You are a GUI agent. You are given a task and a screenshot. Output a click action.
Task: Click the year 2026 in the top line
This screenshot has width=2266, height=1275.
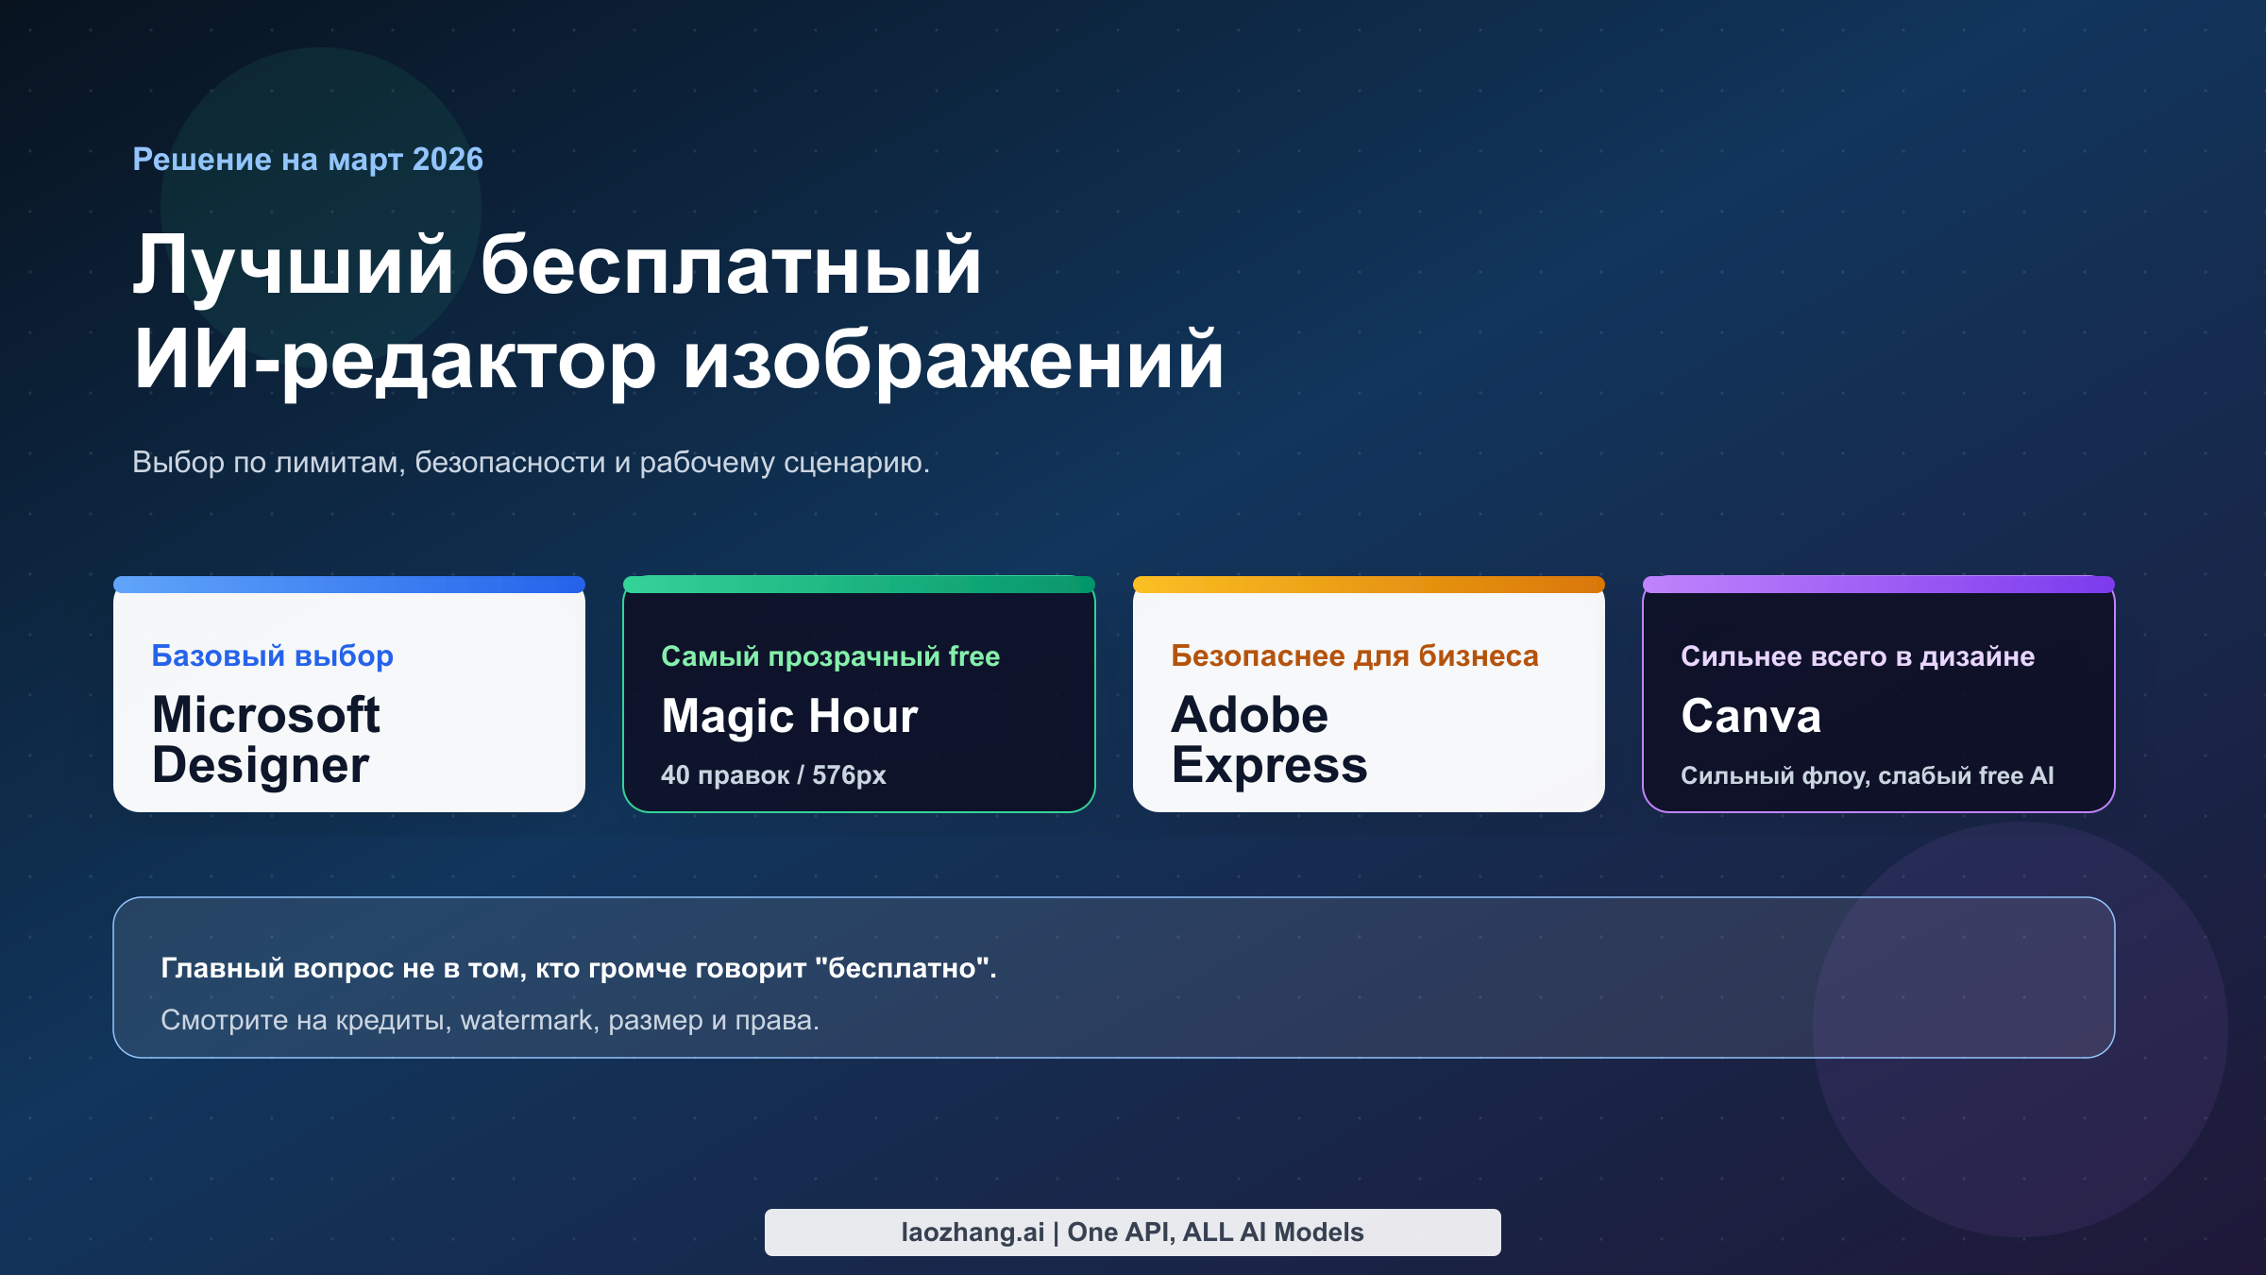click(x=448, y=160)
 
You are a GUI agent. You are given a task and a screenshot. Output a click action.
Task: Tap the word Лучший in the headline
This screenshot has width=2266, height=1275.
click(x=293, y=266)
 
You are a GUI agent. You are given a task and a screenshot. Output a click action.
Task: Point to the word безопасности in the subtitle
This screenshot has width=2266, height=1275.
click(x=510, y=463)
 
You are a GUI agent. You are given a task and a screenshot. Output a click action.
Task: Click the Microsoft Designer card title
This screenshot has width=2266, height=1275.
click(x=265, y=739)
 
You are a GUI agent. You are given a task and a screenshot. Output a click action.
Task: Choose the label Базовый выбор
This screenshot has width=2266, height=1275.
click(x=272, y=655)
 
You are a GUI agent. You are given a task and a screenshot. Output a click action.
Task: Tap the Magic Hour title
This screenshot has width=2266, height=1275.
click(x=789, y=716)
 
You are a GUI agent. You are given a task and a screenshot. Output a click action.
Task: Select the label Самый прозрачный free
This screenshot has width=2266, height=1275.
click(x=830, y=656)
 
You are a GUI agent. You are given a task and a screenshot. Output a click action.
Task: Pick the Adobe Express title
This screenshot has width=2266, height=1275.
click(x=1269, y=739)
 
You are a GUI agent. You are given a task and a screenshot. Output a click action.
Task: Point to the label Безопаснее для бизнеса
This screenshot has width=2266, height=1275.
click(x=1354, y=655)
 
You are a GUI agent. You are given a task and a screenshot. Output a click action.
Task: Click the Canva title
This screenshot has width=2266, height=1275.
click(x=1750, y=716)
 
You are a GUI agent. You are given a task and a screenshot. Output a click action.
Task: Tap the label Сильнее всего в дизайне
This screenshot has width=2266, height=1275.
click(x=1857, y=656)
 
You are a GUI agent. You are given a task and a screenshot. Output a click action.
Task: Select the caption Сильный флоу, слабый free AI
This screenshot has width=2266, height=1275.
click(x=1867, y=775)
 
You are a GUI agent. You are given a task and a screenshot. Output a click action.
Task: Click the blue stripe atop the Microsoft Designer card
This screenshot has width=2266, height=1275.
click(x=349, y=585)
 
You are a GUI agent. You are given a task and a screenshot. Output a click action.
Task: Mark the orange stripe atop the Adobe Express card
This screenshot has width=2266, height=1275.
click(x=1369, y=585)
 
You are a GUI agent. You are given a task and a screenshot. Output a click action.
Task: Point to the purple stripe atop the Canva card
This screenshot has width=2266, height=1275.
click(x=1879, y=585)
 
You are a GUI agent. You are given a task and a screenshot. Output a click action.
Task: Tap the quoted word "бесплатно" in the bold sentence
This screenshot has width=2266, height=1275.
click(x=903, y=968)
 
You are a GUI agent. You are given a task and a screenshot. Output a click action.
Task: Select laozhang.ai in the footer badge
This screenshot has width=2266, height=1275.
click(x=972, y=1232)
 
